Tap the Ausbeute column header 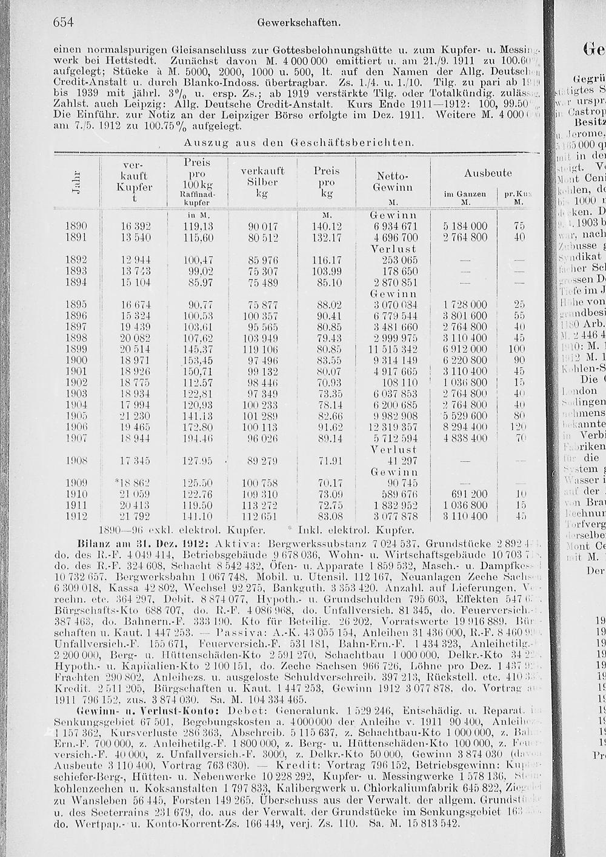(488, 173)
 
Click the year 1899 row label (77, 350)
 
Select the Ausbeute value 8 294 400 (465, 427)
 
